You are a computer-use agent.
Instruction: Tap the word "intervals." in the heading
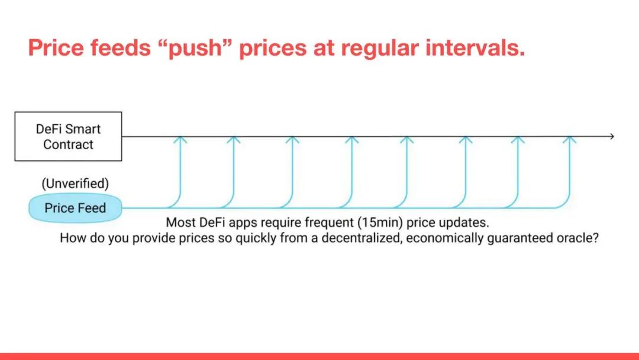coord(475,47)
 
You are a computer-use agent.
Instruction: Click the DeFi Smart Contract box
coord(68,136)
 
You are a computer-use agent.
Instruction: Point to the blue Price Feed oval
coord(75,208)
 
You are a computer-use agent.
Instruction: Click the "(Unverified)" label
coord(75,184)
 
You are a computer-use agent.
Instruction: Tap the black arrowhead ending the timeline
coord(611,136)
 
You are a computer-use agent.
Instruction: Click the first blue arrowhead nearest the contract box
coord(180,139)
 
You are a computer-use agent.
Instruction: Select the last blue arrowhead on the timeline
coord(569,139)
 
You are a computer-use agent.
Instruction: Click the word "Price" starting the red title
coord(56,47)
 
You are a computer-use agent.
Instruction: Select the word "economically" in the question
coord(444,238)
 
